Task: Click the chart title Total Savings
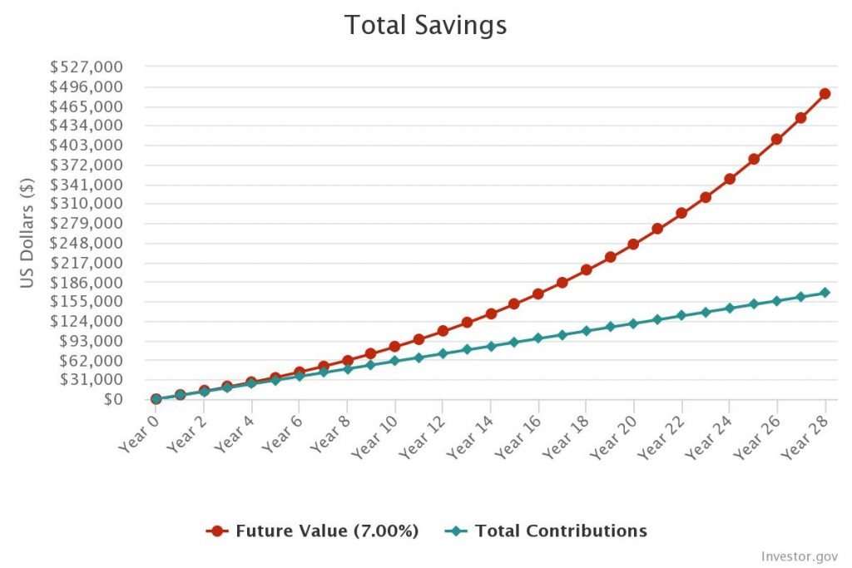point(425,25)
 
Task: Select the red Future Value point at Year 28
point(825,93)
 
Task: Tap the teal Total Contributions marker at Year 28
point(825,293)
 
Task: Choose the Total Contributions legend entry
point(549,531)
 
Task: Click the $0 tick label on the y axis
point(114,399)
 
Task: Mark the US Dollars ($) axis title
point(27,233)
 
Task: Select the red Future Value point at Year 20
point(633,244)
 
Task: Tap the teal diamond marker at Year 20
point(633,323)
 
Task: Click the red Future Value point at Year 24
point(729,179)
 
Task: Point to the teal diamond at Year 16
point(537,338)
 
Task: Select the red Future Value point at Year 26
point(776,139)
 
